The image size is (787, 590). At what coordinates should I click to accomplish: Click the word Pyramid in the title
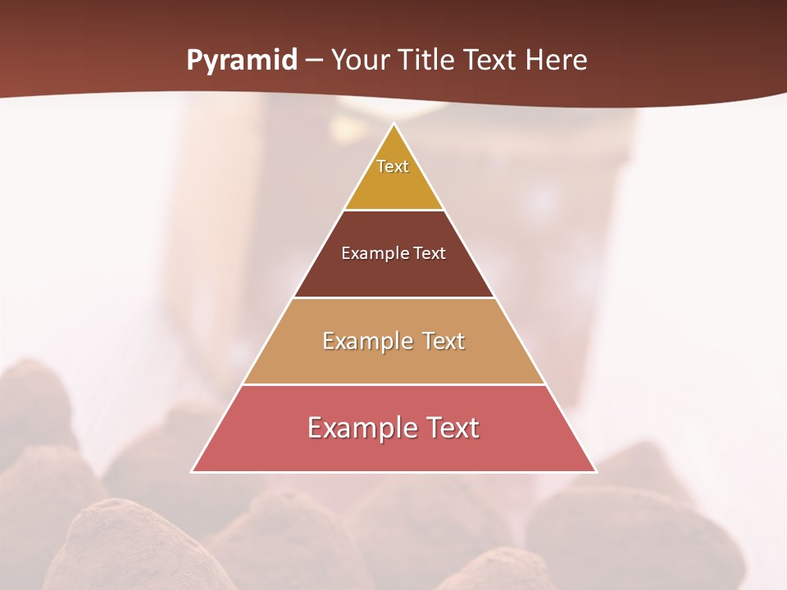(241, 61)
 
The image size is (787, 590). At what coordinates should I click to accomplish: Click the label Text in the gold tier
(393, 166)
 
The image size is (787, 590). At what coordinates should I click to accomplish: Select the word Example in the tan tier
(366, 341)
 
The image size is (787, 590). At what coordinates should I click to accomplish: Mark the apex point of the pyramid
(393, 124)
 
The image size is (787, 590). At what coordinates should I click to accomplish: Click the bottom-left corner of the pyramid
(192, 472)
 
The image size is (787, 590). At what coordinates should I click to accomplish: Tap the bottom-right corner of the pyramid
(596, 472)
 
